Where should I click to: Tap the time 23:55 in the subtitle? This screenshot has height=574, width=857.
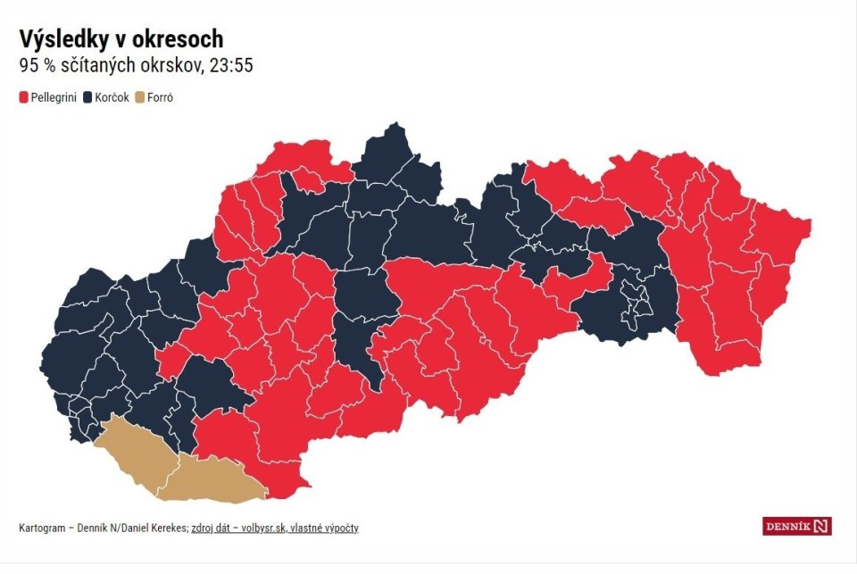(x=234, y=66)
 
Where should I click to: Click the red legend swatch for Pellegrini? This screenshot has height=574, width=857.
(x=23, y=96)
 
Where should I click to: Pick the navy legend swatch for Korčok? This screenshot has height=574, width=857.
(x=87, y=96)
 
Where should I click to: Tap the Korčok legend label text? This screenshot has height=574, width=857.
(x=111, y=96)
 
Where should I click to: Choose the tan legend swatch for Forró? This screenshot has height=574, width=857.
(x=140, y=96)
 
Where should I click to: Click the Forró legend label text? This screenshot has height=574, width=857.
(x=160, y=96)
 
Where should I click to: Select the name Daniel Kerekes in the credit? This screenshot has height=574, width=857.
(x=155, y=528)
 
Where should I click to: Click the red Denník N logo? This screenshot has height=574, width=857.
(x=796, y=527)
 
